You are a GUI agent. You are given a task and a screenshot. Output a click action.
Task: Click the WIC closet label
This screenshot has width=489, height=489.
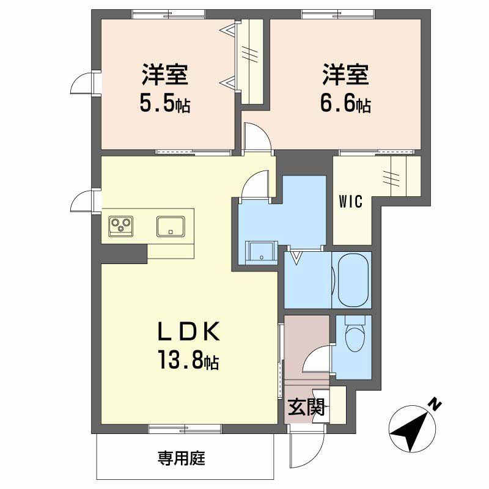tap(351, 201)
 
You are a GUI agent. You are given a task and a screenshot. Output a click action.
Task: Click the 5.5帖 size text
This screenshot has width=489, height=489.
tap(164, 103)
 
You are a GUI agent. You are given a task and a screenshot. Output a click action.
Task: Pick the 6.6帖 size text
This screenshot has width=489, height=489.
tap(345, 103)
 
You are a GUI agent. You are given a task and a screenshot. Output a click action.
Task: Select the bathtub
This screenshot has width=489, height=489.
tap(351, 280)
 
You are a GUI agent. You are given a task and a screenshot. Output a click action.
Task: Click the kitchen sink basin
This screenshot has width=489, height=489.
tap(171, 226)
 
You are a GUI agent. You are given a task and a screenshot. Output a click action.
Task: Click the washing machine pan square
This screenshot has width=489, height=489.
tap(259, 252)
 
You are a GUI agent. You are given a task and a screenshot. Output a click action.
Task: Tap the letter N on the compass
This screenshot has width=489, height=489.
tap(435, 404)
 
